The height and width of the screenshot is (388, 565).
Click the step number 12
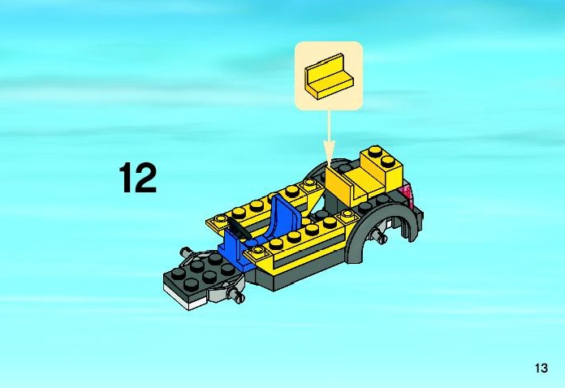click(x=138, y=178)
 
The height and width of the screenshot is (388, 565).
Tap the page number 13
click(x=541, y=369)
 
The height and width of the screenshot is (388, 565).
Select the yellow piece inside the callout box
click(x=329, y=76)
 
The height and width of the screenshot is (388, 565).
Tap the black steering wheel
click(x=235, y=226)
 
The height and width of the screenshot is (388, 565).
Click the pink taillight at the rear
click(x=408, y=195)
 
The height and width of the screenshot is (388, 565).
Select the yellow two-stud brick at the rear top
click(x=382, y=165)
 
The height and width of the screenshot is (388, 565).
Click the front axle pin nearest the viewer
click(x=236, y=296)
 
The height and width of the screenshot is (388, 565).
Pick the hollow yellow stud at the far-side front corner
click(x=219, y=219)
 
